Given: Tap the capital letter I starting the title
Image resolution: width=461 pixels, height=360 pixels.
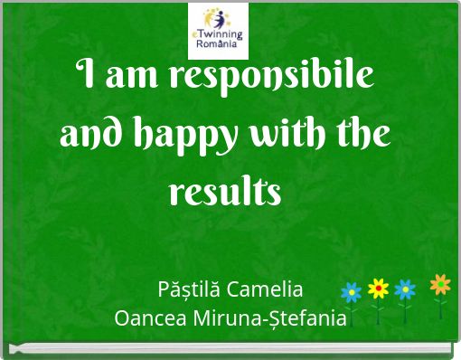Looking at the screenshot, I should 83,76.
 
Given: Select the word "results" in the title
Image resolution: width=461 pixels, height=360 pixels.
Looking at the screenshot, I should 225,191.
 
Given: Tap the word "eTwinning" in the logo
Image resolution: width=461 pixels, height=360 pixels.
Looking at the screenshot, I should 219,33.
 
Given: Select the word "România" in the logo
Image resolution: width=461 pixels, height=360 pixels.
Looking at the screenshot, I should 219,43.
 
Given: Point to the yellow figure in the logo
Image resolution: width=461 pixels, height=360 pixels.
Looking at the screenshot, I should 212,17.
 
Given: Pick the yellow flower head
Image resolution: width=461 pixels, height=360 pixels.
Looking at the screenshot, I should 378,289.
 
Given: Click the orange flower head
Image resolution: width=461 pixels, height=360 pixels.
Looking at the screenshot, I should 440,285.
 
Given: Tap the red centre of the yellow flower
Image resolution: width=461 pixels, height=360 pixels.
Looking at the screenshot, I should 378,289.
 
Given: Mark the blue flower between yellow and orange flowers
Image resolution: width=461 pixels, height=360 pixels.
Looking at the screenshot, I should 406,289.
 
